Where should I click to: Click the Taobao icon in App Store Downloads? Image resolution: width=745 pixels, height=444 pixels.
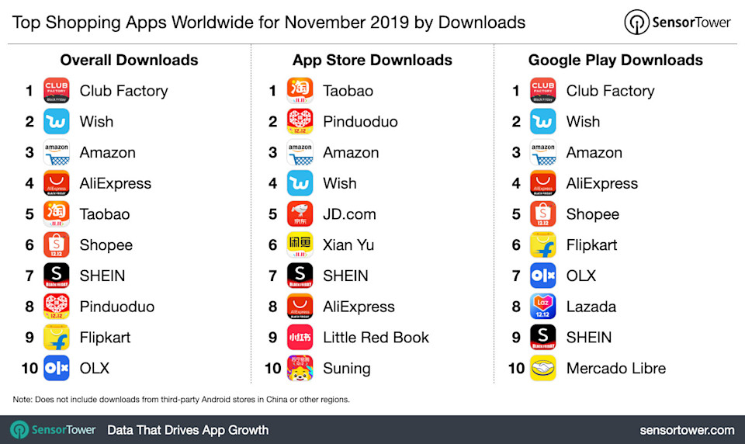(x=300, y=91)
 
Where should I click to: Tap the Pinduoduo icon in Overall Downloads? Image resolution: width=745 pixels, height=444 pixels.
(x=57, y=307)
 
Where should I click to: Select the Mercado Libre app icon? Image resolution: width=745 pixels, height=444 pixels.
(x=543, y=368)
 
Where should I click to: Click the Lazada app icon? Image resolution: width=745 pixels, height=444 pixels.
(x=543, y=307)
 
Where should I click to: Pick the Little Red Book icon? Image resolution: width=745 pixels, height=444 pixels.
(x=300, y=338)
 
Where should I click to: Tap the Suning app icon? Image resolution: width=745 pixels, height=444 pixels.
(x=300, y=368)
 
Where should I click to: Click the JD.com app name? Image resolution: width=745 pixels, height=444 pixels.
(x=349, y=214)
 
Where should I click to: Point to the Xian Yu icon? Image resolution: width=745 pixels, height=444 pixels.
(x=300, y=245)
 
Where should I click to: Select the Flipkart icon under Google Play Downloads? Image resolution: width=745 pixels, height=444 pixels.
(x=543, y=245)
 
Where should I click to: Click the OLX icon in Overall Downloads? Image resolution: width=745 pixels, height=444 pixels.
(x=57, y=368)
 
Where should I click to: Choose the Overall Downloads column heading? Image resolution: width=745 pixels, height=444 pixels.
(x=129, y=60)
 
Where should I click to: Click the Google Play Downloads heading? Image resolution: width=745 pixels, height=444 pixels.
(x=615, y=60)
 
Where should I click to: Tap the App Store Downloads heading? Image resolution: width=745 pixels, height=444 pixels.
(x=372, y=60)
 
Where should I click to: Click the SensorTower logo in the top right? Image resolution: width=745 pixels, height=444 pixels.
(x=677, y=23)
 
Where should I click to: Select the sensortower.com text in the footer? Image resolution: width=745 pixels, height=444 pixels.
(x=687, y=429)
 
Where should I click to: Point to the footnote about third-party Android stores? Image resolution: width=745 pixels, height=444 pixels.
(x=181, y=400)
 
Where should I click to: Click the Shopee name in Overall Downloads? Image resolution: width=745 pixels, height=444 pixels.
(x=106, y=245)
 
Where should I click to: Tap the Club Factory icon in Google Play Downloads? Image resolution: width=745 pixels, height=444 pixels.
(x=543, y=91)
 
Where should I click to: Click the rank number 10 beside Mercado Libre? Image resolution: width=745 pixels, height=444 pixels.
(x=516, y=369)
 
